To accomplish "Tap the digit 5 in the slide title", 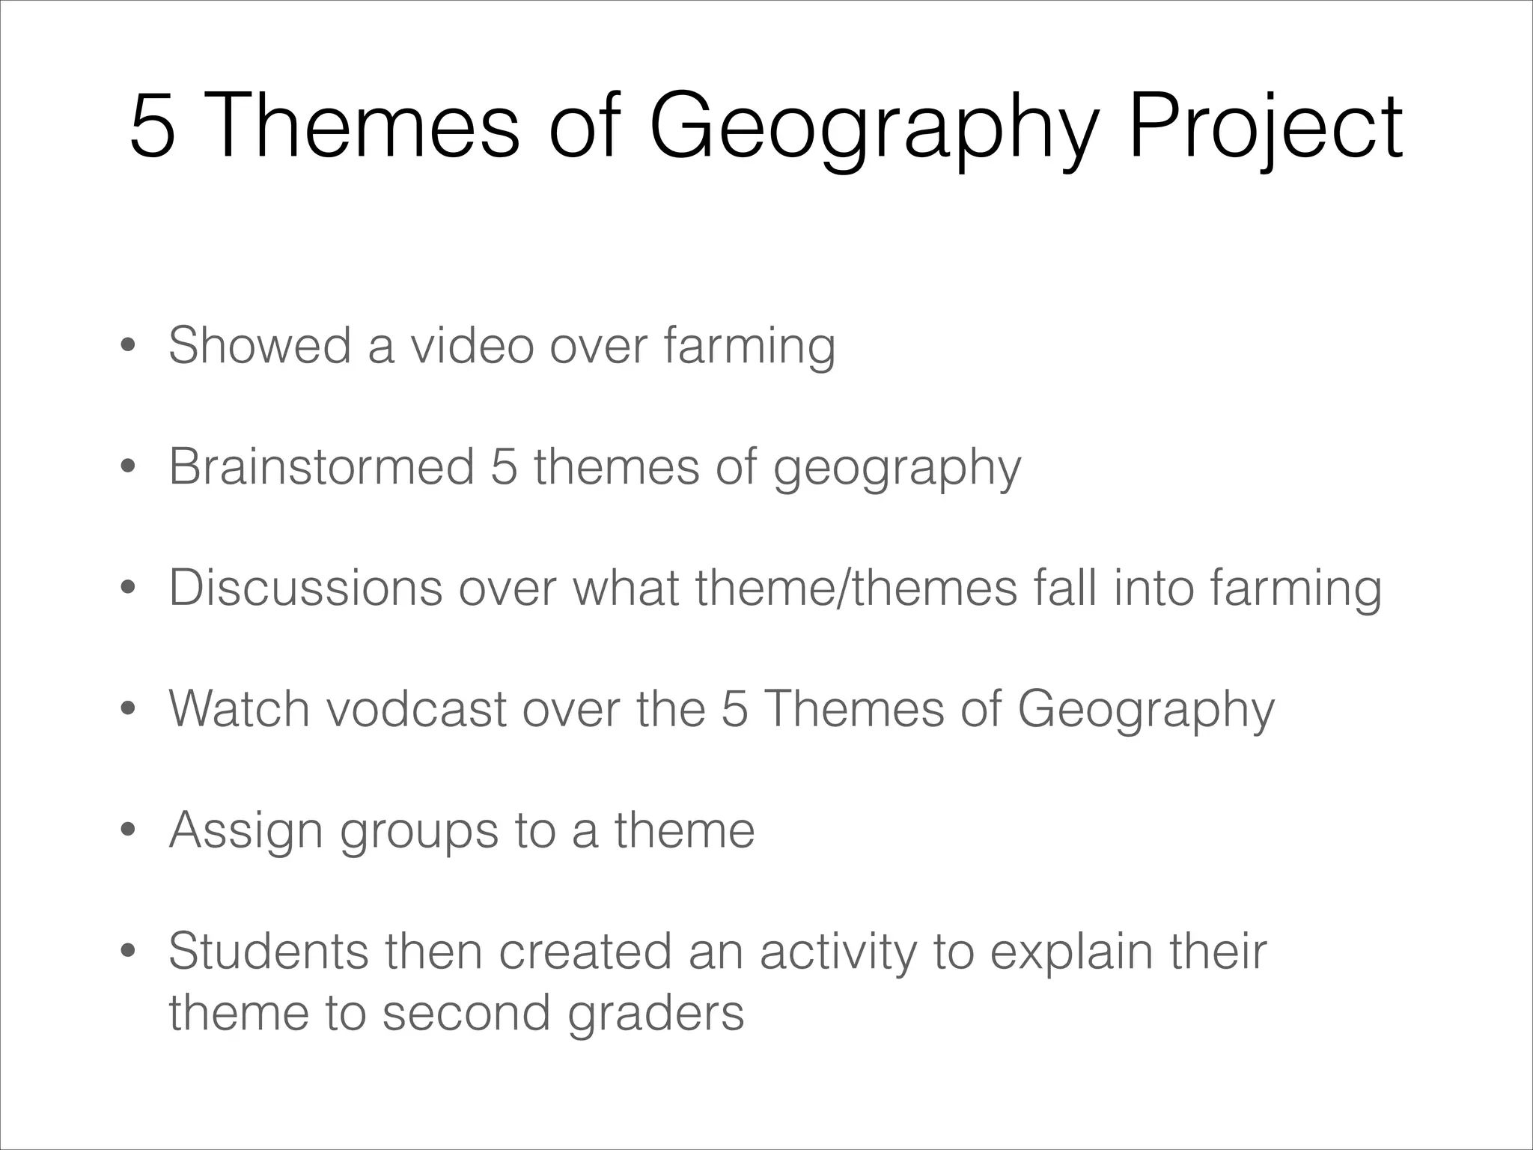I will [152, 126].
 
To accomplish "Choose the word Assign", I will [246, 831].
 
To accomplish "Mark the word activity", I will [838, 952].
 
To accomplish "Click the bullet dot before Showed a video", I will [128, 347].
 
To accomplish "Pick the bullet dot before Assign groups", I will [128, 831].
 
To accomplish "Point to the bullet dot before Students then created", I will [128, 952].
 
